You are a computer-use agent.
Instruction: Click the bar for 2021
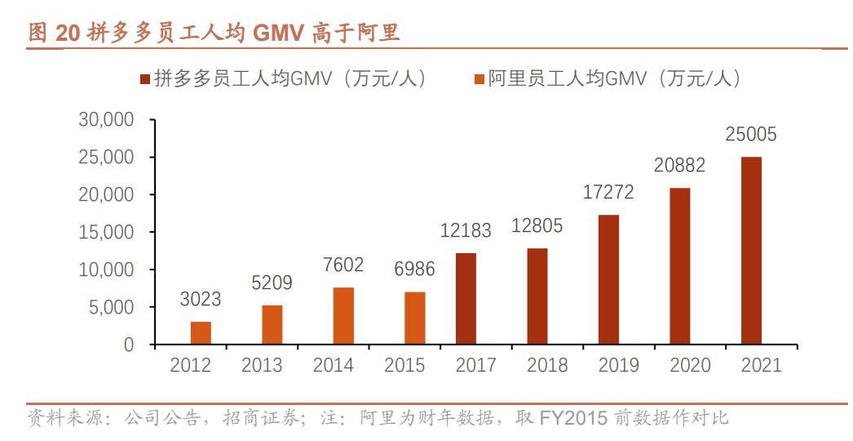pos(751,251)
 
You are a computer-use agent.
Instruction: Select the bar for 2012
pos(201,333)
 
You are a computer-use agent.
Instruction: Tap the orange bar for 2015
pos(415,318)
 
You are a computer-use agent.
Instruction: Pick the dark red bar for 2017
pos(466,299)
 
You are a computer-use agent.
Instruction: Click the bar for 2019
pos(608,279)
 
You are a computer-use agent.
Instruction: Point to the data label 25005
pos(751,135)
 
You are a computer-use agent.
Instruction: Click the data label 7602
pos(343,265)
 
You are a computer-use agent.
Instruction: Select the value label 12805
pos(537,226)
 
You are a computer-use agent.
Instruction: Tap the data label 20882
pos(679,166)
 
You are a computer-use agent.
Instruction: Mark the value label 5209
pos(272,283)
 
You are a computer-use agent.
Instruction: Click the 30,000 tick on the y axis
pos(106,120)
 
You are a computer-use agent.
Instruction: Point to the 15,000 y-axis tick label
pos(106,233)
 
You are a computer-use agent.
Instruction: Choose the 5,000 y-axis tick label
pos(111,308)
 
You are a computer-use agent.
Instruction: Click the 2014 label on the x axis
pos(333,365)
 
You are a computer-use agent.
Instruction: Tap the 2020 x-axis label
pos(690,365)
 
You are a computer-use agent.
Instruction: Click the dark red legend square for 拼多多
pos(144,79)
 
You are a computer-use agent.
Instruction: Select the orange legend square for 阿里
pos(478,79)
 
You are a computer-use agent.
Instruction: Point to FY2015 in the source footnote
pos(573,419)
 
